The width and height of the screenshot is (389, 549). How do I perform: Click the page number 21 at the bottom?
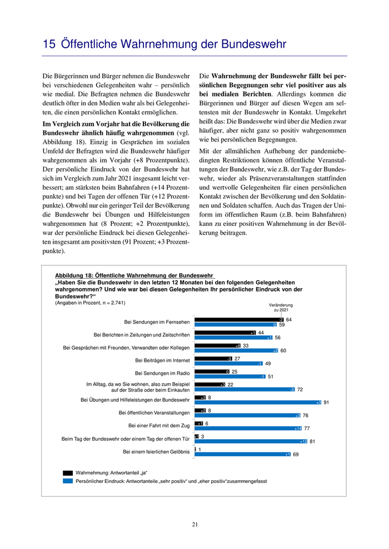tap(195, 524)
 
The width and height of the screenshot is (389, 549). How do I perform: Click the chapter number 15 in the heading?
tap(49, 44)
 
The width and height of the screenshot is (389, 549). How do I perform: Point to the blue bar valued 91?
tap(258, 402)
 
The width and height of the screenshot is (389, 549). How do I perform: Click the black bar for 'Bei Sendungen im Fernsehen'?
tap(240, 319)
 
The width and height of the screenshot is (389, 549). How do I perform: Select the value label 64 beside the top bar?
tap(289, 320)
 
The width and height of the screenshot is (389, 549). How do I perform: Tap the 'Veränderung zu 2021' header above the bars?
tap(281, 308)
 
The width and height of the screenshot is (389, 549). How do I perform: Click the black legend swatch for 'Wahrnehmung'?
tap(68, 473)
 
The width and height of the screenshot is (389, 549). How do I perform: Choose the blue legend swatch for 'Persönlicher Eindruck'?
tap(68, 481)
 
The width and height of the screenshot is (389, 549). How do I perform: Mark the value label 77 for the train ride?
tap(307, 429)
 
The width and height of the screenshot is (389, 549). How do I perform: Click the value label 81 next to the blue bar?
tap(313, 441)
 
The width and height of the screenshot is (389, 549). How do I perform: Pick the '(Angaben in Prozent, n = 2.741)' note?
tap(90, 303)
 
